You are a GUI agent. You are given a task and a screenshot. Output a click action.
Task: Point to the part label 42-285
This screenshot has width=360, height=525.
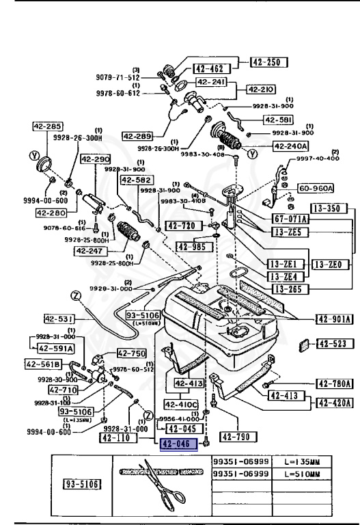coord(46,126)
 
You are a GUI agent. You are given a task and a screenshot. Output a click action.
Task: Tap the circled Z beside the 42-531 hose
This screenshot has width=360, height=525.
coord(75,295)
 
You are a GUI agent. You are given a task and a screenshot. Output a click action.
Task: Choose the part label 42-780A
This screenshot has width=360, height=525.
coord(333,383)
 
